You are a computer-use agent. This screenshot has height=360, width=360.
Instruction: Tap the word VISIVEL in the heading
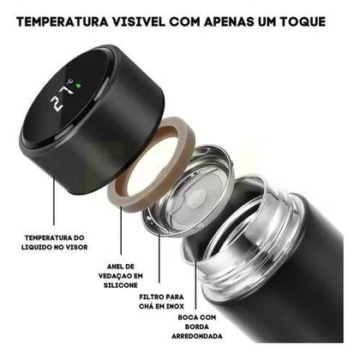coord(157,19)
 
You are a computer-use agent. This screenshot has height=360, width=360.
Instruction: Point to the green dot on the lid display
coord(77,85)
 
